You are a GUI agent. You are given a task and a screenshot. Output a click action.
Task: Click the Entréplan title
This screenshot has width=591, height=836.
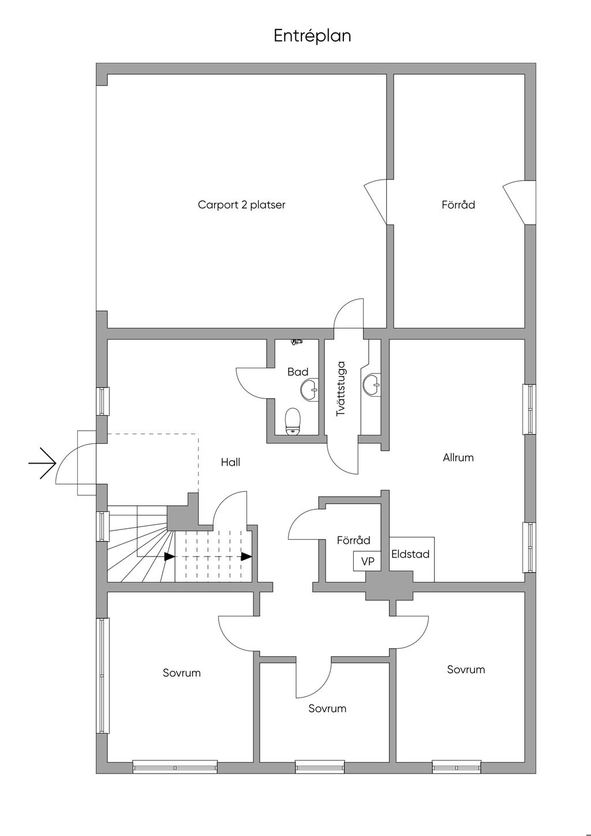pyautogui.click(x=312, y=36)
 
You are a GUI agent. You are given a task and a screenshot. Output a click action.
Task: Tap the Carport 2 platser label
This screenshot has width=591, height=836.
pyautogui.click(x=241, y=205)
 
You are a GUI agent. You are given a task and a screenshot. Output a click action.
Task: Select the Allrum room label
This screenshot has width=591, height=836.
pyautogui.click(x=458, y=458)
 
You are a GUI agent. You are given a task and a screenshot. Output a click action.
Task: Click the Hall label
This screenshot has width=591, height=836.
pyautogui.click(x=230, y=462)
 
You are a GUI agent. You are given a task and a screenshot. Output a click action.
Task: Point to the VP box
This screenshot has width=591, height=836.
pyautogui.click(x=368, y=561)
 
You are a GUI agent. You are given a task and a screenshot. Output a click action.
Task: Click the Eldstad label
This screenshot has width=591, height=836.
pyautogui.click(x=410, y=554)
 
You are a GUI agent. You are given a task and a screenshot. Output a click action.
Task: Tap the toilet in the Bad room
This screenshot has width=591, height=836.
pyautogui.click(x=294, y=420)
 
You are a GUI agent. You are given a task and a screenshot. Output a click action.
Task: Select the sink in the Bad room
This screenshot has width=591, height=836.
pyautogui.click(x=310, y=389)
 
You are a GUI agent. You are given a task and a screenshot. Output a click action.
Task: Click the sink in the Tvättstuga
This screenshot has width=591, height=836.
pyautogui.click(x=372, y=384)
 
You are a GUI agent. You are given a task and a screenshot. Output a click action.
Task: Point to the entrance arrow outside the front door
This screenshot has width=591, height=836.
pyautogui.click(x=43, y=463)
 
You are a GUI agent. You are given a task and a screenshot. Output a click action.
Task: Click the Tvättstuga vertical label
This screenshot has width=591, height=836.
pyautogui.click(x=341, y=389)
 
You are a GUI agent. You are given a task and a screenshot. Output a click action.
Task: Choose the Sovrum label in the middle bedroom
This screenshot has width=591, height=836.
pyautogui.click(x=327, y=708)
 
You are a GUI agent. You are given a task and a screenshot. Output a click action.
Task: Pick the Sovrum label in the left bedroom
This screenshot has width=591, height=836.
pyautogui.click(x=182, y=673)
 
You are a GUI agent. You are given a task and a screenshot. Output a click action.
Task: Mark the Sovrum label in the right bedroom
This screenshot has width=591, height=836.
pyautogui.click(x=466, y=670)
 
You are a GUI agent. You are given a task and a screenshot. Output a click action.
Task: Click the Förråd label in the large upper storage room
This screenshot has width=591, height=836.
pyautogui.click(x=458, y=205)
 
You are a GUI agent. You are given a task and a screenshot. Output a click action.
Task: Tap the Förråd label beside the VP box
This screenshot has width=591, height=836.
pyautogui.click(x=354, y=541)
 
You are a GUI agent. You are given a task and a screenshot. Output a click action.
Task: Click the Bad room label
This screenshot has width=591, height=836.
pyautogui.click(x=298, y=372)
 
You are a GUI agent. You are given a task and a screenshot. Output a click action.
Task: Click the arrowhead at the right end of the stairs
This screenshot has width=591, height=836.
pyautogui.click(x=246, y=557)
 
